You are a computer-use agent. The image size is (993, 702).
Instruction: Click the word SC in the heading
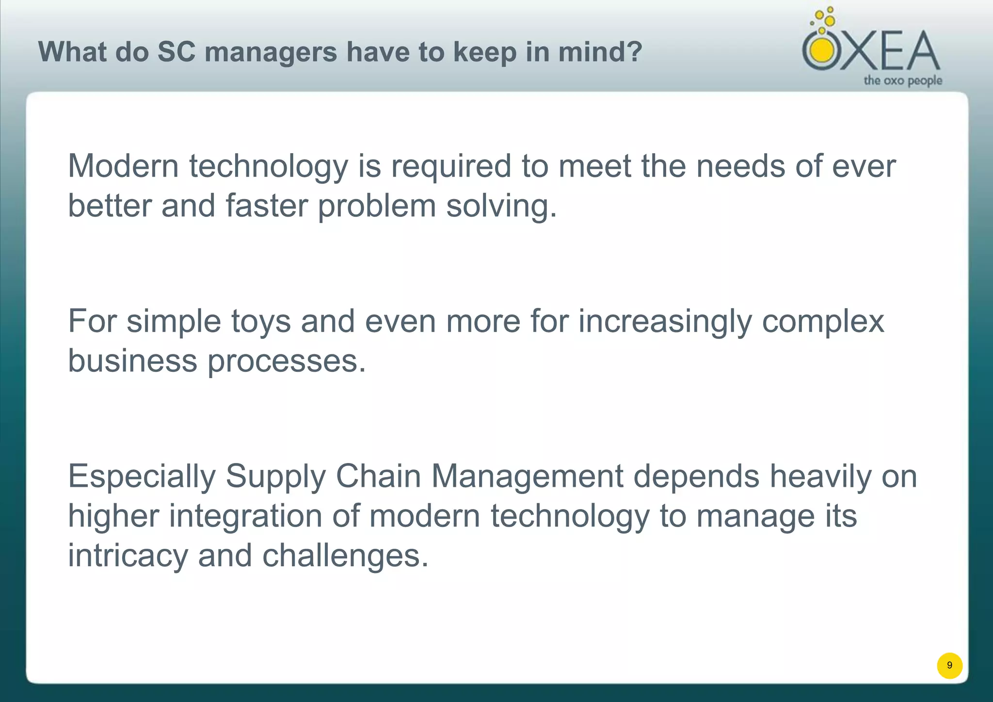(176, 52)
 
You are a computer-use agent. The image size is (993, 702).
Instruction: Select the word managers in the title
(271, 53)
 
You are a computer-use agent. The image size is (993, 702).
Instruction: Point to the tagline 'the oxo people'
(903, 80)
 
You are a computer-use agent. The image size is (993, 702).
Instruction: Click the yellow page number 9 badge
(949, 665)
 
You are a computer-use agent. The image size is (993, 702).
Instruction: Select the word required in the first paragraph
(451, 166)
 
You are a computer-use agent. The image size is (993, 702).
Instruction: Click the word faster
(267, 206)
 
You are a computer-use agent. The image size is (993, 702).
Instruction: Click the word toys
(260, 322)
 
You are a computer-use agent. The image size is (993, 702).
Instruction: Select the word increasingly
(665, 322)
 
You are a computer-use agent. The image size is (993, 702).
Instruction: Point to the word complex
(823, 322)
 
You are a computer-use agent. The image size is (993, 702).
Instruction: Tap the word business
(132, 361)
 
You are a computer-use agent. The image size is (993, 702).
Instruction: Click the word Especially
(142, 477)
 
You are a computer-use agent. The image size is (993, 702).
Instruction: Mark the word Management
(527, 477)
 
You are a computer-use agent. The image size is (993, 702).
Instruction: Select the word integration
(245, 516)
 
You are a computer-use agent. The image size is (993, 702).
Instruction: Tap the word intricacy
(128, 556)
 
